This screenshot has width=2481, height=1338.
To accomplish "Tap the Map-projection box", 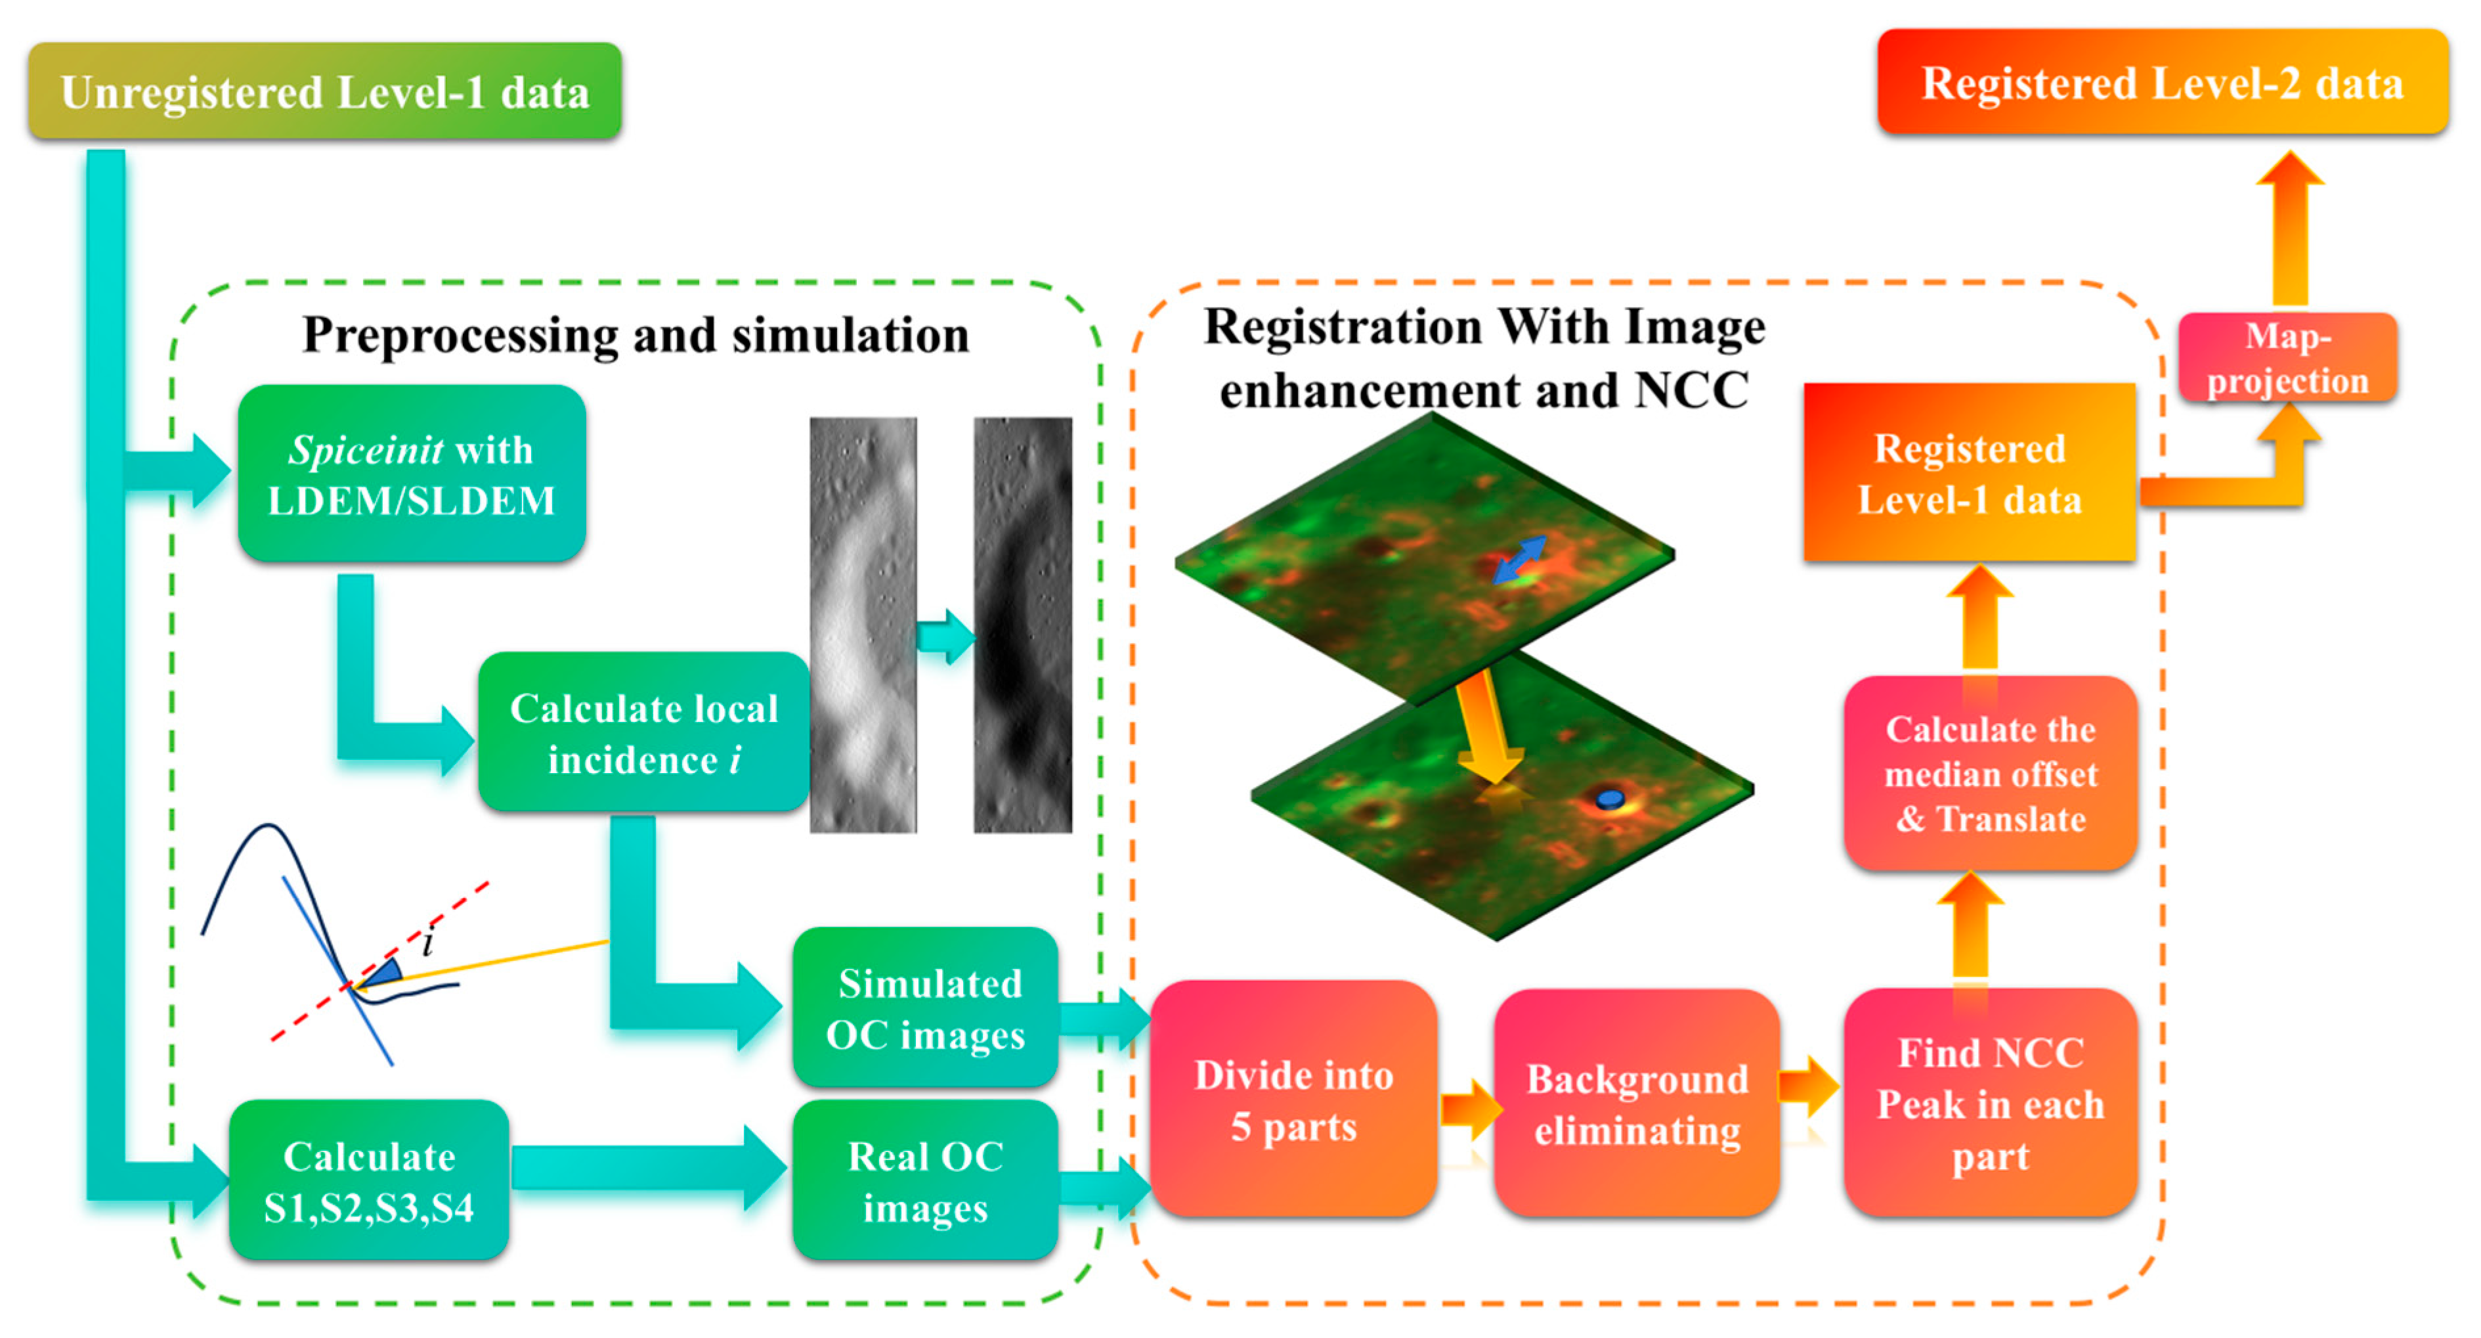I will [2287, 357].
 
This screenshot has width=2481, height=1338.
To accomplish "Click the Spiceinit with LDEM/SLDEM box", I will [411, 474].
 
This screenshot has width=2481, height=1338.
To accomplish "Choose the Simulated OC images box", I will [924, 1008].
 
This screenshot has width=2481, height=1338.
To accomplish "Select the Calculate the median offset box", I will [1990, 774].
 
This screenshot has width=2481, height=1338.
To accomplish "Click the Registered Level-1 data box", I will [1969, 473].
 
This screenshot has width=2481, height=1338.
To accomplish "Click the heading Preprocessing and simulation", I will [636, 335].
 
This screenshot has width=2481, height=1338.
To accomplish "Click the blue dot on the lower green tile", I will [1609, 799].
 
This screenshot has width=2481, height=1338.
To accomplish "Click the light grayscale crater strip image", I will [862, 624].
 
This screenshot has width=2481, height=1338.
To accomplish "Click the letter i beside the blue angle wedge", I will [427, 942].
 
